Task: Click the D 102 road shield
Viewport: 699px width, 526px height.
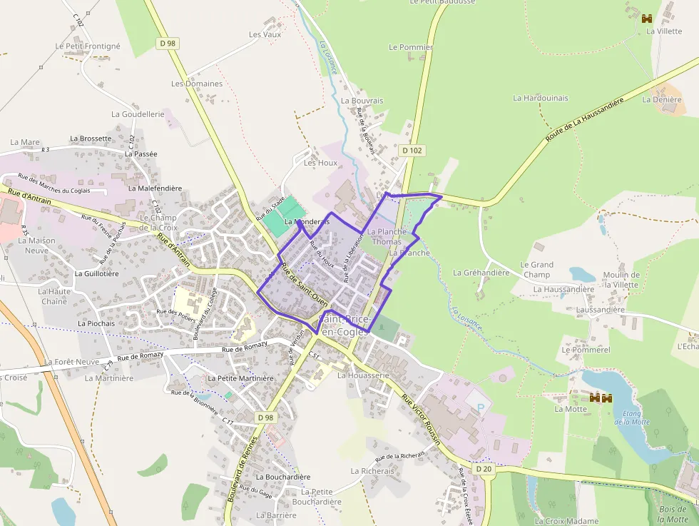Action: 412,151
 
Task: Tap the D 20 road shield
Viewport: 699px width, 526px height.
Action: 483,468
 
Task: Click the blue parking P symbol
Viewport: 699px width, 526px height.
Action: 479,407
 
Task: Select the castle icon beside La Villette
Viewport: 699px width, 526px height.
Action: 648,18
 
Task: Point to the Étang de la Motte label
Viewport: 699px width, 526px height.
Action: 631,418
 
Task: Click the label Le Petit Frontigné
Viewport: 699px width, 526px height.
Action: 88,46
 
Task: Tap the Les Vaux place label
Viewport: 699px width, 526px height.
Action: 265,34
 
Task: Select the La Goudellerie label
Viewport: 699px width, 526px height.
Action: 138,114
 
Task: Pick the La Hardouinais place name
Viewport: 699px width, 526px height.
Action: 541,98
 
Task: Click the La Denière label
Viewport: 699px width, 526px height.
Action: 662,100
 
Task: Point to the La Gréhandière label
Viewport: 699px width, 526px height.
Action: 481,273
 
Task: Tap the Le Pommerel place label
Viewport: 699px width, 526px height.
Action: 586,350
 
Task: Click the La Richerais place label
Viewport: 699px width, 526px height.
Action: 372,471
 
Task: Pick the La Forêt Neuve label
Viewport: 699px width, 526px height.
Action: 71,362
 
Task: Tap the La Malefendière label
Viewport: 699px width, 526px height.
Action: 155,188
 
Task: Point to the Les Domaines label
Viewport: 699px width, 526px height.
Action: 197,84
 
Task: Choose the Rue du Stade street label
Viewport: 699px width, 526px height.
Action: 270,208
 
